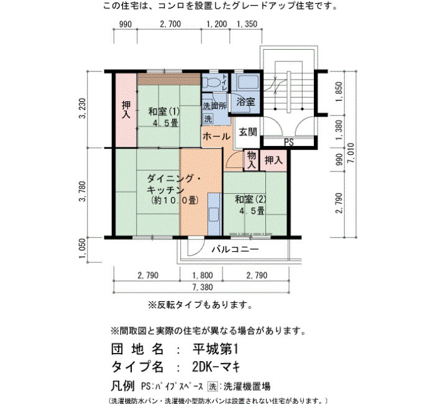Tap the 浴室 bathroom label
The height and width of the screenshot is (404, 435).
coord(245,102)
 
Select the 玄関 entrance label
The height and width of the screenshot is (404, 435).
coord(248,132)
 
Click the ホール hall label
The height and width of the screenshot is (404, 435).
coord(216,136)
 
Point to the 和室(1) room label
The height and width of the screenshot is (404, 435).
coord(164,111)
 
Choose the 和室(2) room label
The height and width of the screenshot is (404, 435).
coord(250,200)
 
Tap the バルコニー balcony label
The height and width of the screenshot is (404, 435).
coord(236,249)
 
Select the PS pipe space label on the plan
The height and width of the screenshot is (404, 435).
coord(289,142)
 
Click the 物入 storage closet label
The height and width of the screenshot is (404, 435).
coord(251,160)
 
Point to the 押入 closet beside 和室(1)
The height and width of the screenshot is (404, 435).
coord(126,109)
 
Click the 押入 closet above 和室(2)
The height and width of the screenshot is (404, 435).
coord(273,160)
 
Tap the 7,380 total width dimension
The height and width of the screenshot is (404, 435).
coord(203,287)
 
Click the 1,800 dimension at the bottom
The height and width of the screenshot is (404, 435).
coord(203,275)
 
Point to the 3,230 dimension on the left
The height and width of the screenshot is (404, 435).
coord(83,108)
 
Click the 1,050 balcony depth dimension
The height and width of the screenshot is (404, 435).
coord(83,249)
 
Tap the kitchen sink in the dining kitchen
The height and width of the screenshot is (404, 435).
coord(214,214)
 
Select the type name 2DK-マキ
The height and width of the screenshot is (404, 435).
coord(216,367)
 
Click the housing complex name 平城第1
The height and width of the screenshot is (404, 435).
coord(215,349)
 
